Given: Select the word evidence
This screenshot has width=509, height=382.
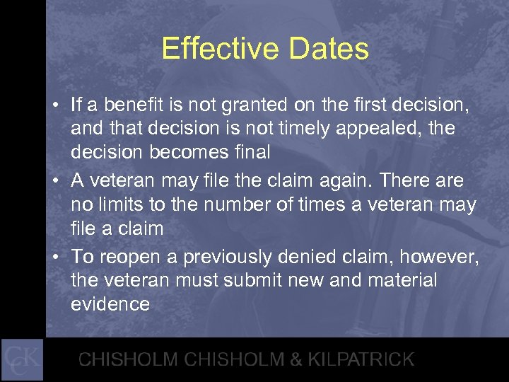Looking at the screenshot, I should click(x=110, y=305).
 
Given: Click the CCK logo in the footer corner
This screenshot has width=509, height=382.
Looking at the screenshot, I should click(x=22, y=359).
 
